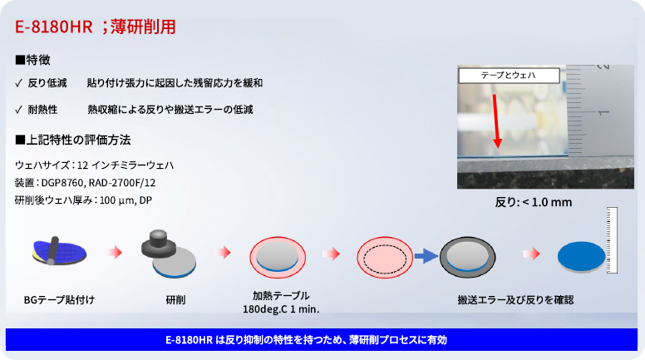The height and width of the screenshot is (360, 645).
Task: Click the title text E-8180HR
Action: (x=52, y=27)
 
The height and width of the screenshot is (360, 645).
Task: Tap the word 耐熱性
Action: (x=43, y=110)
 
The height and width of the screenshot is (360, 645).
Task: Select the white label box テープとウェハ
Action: (x=508, y=76)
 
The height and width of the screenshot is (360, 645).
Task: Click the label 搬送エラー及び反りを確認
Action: (x=515, y=298)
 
